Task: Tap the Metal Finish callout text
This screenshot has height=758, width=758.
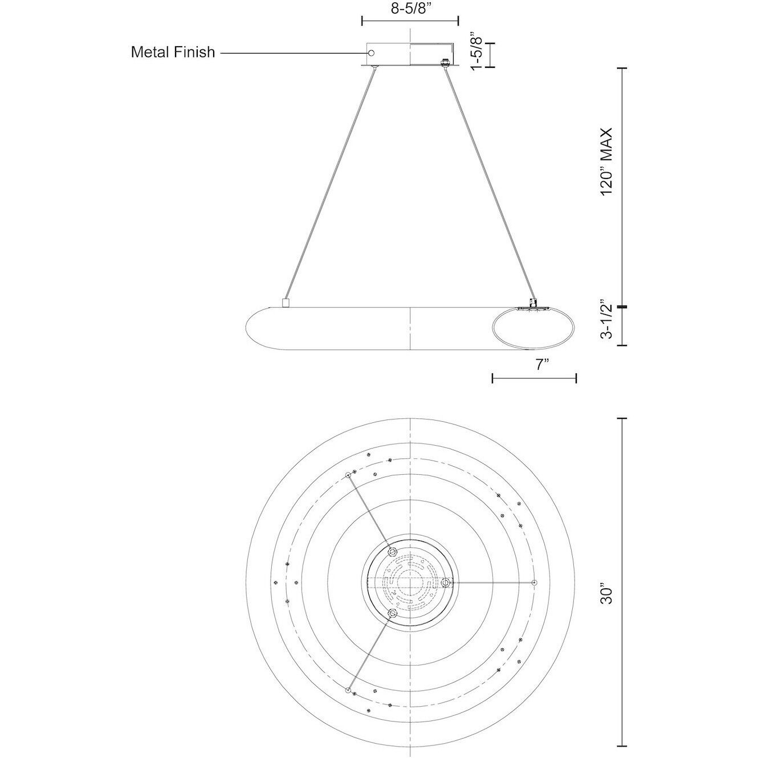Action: tap(173, 52)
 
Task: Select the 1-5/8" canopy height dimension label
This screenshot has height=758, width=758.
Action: tap(476, 51)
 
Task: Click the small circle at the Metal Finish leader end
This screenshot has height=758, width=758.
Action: tap(371, 53)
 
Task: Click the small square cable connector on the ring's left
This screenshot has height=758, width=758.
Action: tap(286, 303)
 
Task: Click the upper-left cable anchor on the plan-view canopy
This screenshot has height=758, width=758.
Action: tap(392, 551)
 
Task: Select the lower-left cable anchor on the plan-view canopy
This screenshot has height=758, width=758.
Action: tap(392, 613)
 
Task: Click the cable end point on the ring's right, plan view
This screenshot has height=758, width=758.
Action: tap(534, 582)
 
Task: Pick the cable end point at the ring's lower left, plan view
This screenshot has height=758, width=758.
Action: tap(348, 690)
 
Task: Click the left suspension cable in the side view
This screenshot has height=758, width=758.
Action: tap(331, 182)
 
